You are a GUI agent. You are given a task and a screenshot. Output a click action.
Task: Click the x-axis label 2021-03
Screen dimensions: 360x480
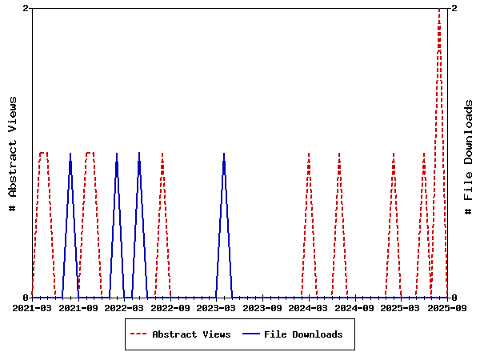[32, 307]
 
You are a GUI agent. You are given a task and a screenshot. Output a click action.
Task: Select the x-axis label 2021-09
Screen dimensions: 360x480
[78, 307]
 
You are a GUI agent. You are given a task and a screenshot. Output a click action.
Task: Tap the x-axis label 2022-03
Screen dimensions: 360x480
[124, 307]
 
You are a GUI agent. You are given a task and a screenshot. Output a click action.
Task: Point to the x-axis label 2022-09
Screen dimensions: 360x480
[170, 307]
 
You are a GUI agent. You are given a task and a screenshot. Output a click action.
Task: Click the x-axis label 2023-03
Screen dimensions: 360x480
[216, 307]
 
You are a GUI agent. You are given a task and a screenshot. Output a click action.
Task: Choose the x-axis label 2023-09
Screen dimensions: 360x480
[262, 307]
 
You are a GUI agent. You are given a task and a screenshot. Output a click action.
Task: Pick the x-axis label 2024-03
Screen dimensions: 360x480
[308, 307]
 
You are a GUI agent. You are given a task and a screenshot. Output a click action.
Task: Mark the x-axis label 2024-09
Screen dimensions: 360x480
[354, 307]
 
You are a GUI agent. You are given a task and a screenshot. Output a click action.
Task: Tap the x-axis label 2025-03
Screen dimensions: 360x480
[400, 307]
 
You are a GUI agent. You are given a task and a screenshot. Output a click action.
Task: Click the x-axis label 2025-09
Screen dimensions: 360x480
[446, 307]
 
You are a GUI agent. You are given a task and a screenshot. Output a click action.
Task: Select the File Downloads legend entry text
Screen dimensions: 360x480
[303, 334]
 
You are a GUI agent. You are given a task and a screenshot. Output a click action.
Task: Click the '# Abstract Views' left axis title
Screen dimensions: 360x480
[12, 153]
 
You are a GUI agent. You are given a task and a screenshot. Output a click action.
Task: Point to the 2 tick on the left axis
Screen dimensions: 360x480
[26, 8]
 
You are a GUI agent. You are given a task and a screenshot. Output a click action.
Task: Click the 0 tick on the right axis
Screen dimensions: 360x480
[454, 298]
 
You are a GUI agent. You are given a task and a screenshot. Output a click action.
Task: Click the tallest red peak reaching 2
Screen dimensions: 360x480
[439, 9]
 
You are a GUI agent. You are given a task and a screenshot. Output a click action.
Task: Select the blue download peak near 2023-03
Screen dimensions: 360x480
[224, 153]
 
